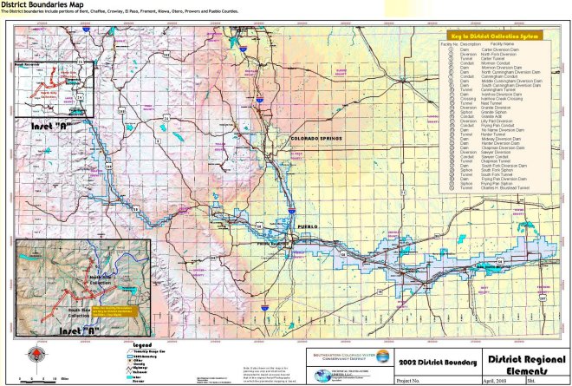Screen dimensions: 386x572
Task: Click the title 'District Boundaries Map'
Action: (x=42, y=4)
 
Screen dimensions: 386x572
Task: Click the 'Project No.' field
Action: (x=413, y=380)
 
